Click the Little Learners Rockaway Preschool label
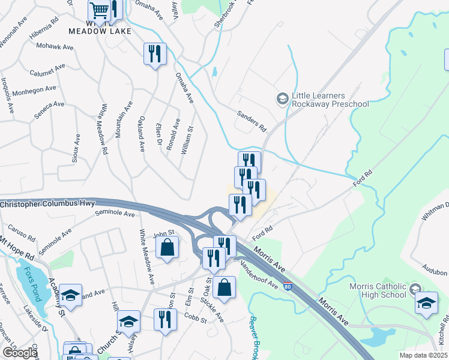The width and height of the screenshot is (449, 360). [330, 100]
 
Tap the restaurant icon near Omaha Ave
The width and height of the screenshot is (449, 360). [155, 54]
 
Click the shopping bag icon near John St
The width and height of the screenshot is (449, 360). [168, 247]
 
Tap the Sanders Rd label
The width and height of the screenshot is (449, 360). [251, 120]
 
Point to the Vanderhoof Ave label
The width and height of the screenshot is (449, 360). [259, 274]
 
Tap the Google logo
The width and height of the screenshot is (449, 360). [20, 353]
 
